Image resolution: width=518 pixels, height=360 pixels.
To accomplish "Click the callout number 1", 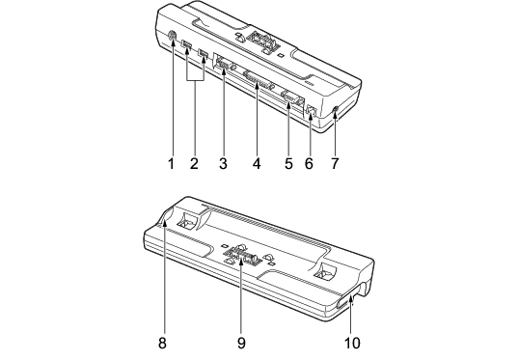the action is click(171, 163).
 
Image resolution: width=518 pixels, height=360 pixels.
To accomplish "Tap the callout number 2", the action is click(194, 163).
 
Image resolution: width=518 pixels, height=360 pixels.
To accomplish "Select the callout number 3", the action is click(224, 163).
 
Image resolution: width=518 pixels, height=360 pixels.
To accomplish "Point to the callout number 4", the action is click(257, 163).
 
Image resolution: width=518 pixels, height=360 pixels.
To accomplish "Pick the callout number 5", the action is click(288, 163).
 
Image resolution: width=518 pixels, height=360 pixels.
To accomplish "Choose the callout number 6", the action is click(309, 163).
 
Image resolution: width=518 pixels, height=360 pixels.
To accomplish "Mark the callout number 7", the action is click(335, 163).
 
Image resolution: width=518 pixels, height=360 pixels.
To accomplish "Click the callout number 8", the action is click(162, 344).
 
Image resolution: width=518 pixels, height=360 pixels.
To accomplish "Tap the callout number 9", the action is click(241, 344).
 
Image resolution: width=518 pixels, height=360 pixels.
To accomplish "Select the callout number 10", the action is click(352, 344).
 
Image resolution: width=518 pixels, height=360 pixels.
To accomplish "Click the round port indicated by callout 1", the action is click(172, 36).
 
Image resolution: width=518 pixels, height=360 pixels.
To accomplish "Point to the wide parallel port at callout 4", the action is click(259, 80).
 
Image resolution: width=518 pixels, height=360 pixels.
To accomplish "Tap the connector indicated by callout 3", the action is click(224, 64).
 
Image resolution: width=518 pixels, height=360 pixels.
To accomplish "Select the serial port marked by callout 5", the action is click(290, 97).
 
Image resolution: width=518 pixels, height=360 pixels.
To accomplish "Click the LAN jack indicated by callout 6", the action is click(312, 110).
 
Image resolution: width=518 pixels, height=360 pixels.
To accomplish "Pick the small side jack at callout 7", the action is click(336, 109).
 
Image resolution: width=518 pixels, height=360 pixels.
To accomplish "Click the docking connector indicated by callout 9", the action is click(241, 254).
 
